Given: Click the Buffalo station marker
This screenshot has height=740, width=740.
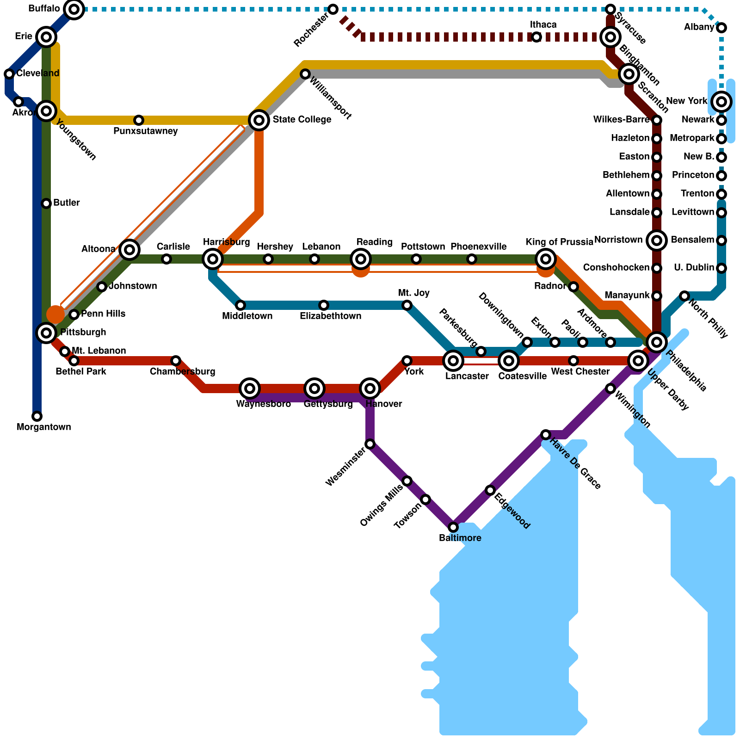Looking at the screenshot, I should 74,9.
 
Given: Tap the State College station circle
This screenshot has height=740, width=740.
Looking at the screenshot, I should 259,120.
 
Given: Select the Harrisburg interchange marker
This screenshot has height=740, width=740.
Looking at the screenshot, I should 213,259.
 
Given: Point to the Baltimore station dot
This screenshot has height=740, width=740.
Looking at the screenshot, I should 453,527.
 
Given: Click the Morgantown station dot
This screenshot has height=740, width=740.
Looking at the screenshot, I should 37,416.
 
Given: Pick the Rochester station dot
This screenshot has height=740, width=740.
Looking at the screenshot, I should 333,9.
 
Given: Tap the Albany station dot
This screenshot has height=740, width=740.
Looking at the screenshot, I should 721,28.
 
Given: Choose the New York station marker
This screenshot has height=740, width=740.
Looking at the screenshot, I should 721,102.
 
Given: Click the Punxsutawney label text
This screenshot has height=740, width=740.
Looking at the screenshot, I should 145,131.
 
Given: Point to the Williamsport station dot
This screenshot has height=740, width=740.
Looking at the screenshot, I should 305,74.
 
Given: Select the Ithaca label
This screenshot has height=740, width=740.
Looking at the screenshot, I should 543,25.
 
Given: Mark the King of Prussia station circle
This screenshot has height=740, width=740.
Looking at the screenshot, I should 546,259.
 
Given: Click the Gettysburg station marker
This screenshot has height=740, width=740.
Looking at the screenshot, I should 314,388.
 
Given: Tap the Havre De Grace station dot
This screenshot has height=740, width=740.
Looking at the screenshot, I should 546,435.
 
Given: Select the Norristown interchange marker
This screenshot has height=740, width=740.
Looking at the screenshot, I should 657,240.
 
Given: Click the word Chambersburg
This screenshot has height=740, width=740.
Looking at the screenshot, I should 182,372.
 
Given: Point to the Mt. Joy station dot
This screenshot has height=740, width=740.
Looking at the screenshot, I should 407,305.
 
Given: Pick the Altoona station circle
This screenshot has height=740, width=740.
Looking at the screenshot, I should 129,250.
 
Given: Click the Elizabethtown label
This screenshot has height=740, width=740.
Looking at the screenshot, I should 330,316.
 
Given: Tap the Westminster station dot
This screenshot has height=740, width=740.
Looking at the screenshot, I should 370,444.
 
